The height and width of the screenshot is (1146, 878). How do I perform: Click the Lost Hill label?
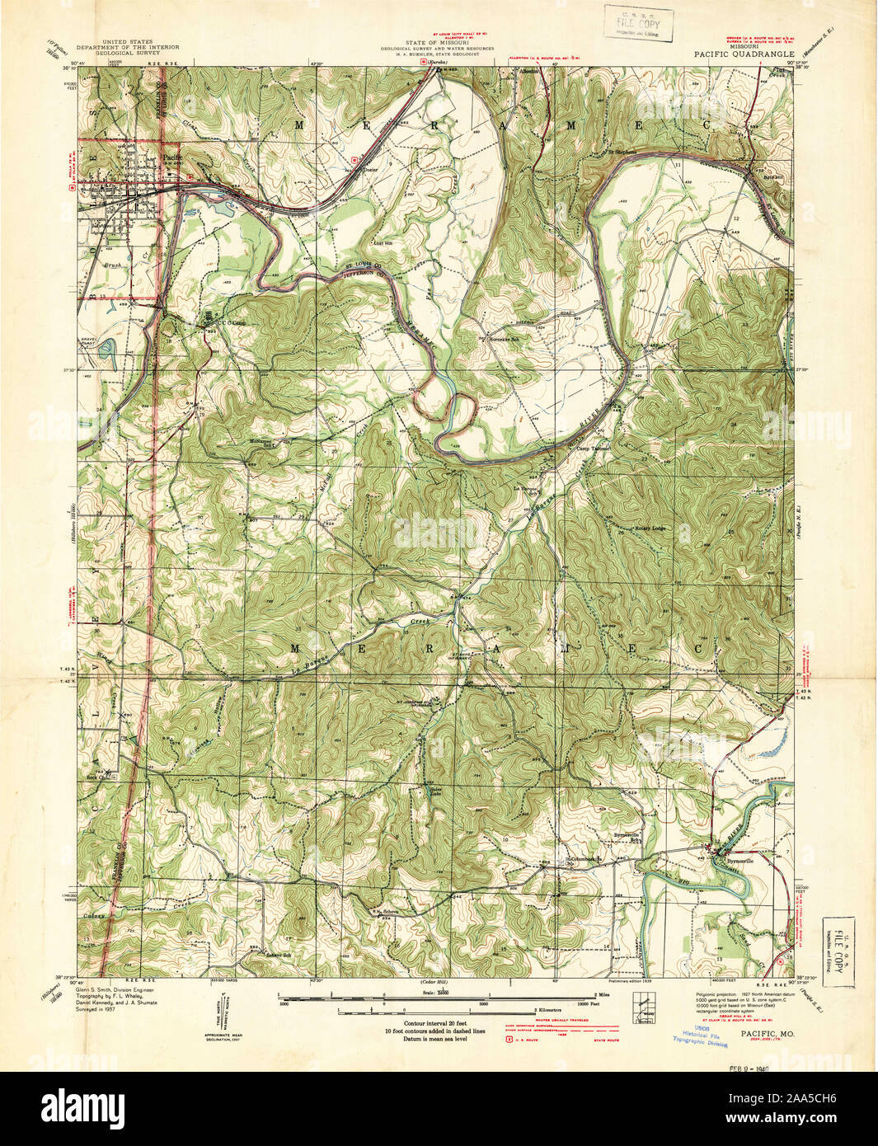click(x=382, y=243)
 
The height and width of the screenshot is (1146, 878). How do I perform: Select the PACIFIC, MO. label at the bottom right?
click(x=767, y=1032)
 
